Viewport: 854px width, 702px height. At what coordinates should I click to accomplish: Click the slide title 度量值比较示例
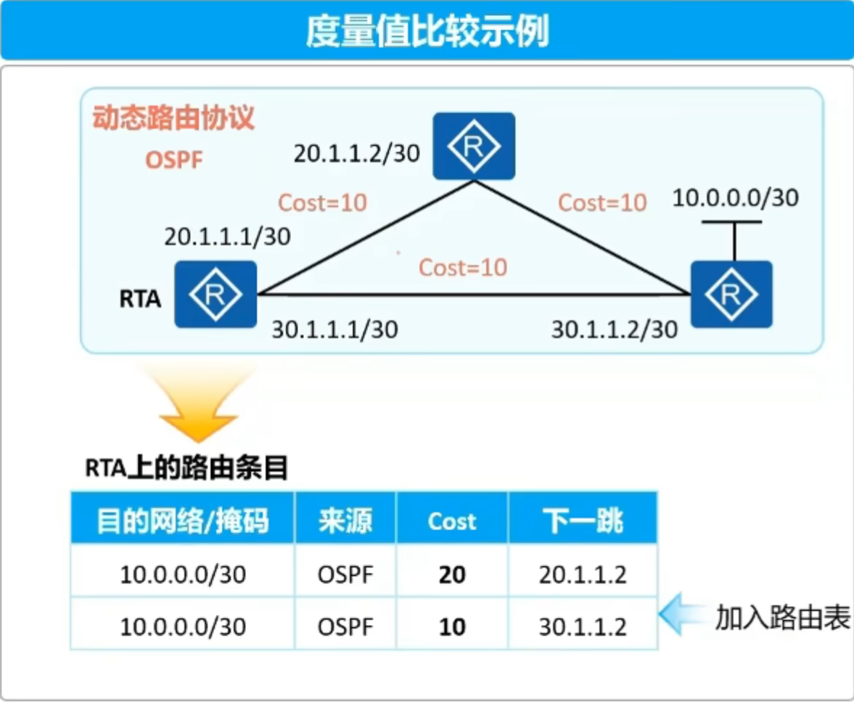pyautogui.click(x=427, y=31)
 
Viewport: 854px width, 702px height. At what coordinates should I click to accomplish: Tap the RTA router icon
pyautogui.click(x=215, y=294)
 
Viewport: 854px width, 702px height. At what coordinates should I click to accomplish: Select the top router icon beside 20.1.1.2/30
pyautogui.click(x=474, y=146)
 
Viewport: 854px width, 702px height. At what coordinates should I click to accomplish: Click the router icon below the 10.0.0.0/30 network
pyautogui.click(x=731, y=294)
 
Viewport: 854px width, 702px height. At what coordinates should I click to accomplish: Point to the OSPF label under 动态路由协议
pyautogui.click(x=173, y=160)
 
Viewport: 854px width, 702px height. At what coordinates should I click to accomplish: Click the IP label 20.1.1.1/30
pyautogui.click(x=227, y=237)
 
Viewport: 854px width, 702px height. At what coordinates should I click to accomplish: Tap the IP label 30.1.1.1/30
pyautogui.click(x=334, y=329)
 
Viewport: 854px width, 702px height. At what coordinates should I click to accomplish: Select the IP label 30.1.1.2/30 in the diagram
pyautogui.click(x=615, y=329)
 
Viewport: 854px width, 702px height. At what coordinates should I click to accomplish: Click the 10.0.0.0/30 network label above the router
pyautogui.click(x=735, y=197)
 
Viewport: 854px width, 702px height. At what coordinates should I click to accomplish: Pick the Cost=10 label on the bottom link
pyautogui.click(x=463, y=267)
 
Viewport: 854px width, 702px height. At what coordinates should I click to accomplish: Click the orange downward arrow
pyautogui.click(x=199, y=406)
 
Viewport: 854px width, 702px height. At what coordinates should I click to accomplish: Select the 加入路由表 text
pyautogui.click(x=783, y=618)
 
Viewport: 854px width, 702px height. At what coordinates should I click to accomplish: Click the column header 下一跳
pyautogui.click(x=583, y=521)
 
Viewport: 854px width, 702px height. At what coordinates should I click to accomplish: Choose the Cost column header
pyautogui.click(x=452, y=521)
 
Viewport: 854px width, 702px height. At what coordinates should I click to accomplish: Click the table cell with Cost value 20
pyautogui.click(x=452, y=574)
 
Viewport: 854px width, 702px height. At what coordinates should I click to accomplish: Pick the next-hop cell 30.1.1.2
pyautogui.click(x=583, y=627)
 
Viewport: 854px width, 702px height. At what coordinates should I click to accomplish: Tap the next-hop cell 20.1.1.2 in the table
pyautogui.click(x=583, y=574)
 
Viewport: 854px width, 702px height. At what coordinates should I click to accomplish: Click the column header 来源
pyautogui.click(x=345, y=521)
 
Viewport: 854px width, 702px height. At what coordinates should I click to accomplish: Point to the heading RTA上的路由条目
pyautogui.click(x=186, y=468)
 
